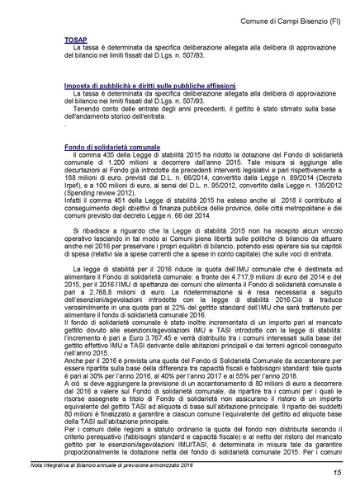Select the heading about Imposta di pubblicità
click(149, 85)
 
